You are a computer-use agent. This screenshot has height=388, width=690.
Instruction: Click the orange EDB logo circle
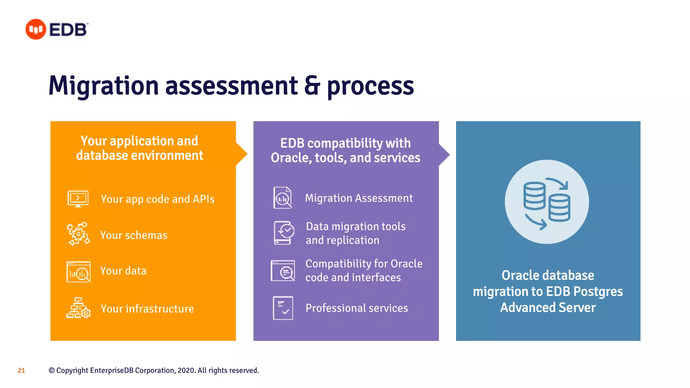(x=35, y=29)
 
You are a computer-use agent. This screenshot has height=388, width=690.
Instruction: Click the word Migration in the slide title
(x=103, y=86)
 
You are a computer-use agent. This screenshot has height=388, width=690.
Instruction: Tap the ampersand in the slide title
(x=312, y=86)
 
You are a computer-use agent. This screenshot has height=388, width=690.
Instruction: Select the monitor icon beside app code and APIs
(x=78, y=199)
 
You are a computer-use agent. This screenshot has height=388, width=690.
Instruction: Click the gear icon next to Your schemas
(x=78, y=234)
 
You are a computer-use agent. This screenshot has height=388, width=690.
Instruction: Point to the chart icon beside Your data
(x=79, y=272)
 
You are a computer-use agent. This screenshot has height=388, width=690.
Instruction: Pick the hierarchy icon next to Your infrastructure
(x=79, y=308)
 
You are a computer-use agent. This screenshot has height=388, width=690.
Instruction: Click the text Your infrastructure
(x=147, y=309)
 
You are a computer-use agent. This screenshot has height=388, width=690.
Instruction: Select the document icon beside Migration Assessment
(x=283, y=198)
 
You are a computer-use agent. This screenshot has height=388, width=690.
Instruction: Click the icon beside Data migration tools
(x=284, y=233)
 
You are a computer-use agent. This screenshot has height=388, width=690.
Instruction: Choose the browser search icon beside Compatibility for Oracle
(x=283, y=270)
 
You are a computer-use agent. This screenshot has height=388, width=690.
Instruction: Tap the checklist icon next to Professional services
(x=283, y=308)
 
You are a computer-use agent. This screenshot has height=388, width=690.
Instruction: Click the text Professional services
(x=356, y=308)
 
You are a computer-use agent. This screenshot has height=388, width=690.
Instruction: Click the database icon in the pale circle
(x=546, y=202)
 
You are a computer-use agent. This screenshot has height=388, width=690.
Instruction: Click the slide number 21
(x=21, y=370)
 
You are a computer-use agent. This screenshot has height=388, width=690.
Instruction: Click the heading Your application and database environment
(x=139, y=148)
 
